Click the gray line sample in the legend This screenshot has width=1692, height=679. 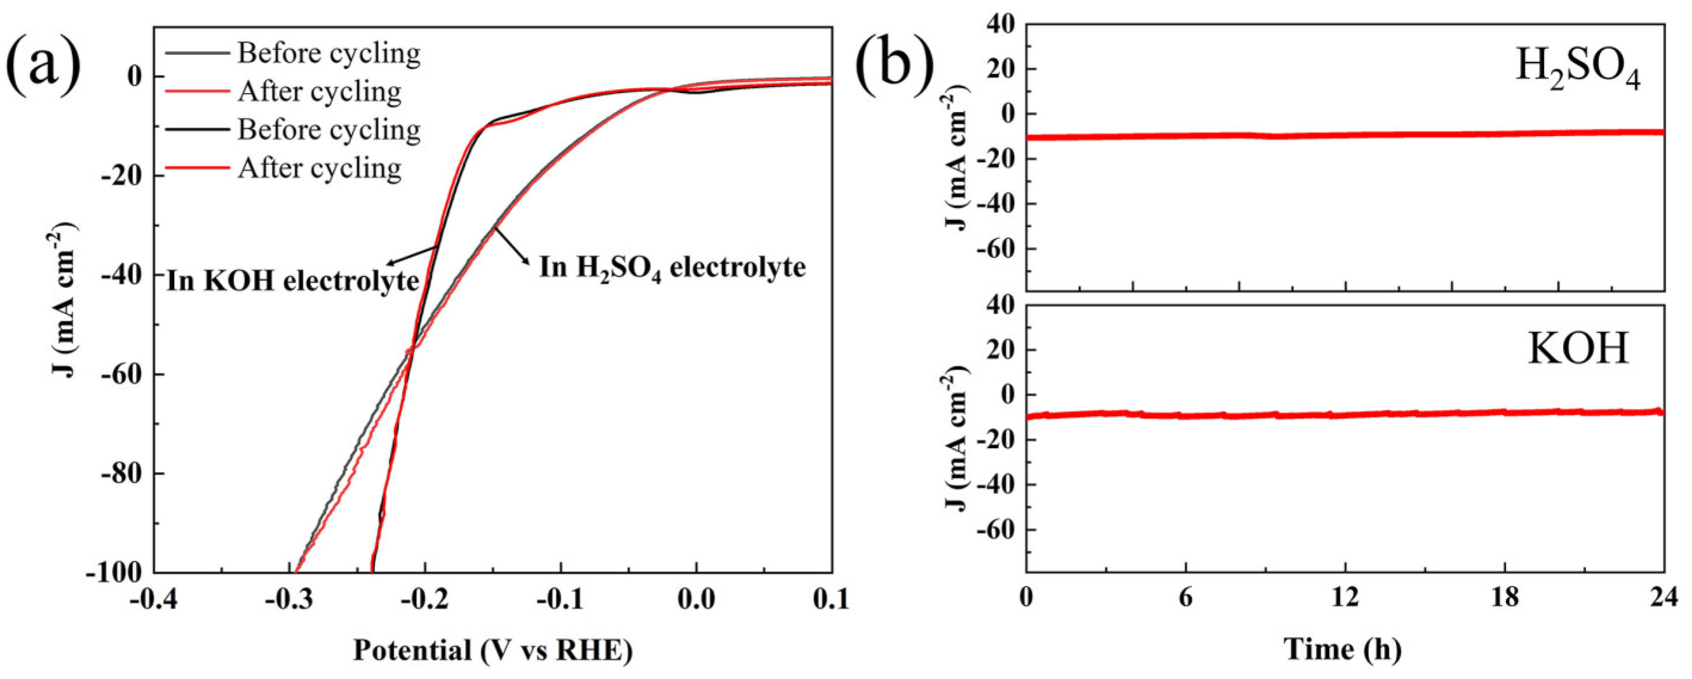[197, 53]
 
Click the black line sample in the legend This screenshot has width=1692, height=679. [197, 130]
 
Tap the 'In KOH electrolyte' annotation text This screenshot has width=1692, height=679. [293, 281]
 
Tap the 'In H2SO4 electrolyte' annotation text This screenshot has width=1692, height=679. [672, 268]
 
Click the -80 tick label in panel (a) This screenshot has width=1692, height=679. [123, 473]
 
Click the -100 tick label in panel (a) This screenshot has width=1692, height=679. [116, 573]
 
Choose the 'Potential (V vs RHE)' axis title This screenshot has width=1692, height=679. [493, 650]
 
